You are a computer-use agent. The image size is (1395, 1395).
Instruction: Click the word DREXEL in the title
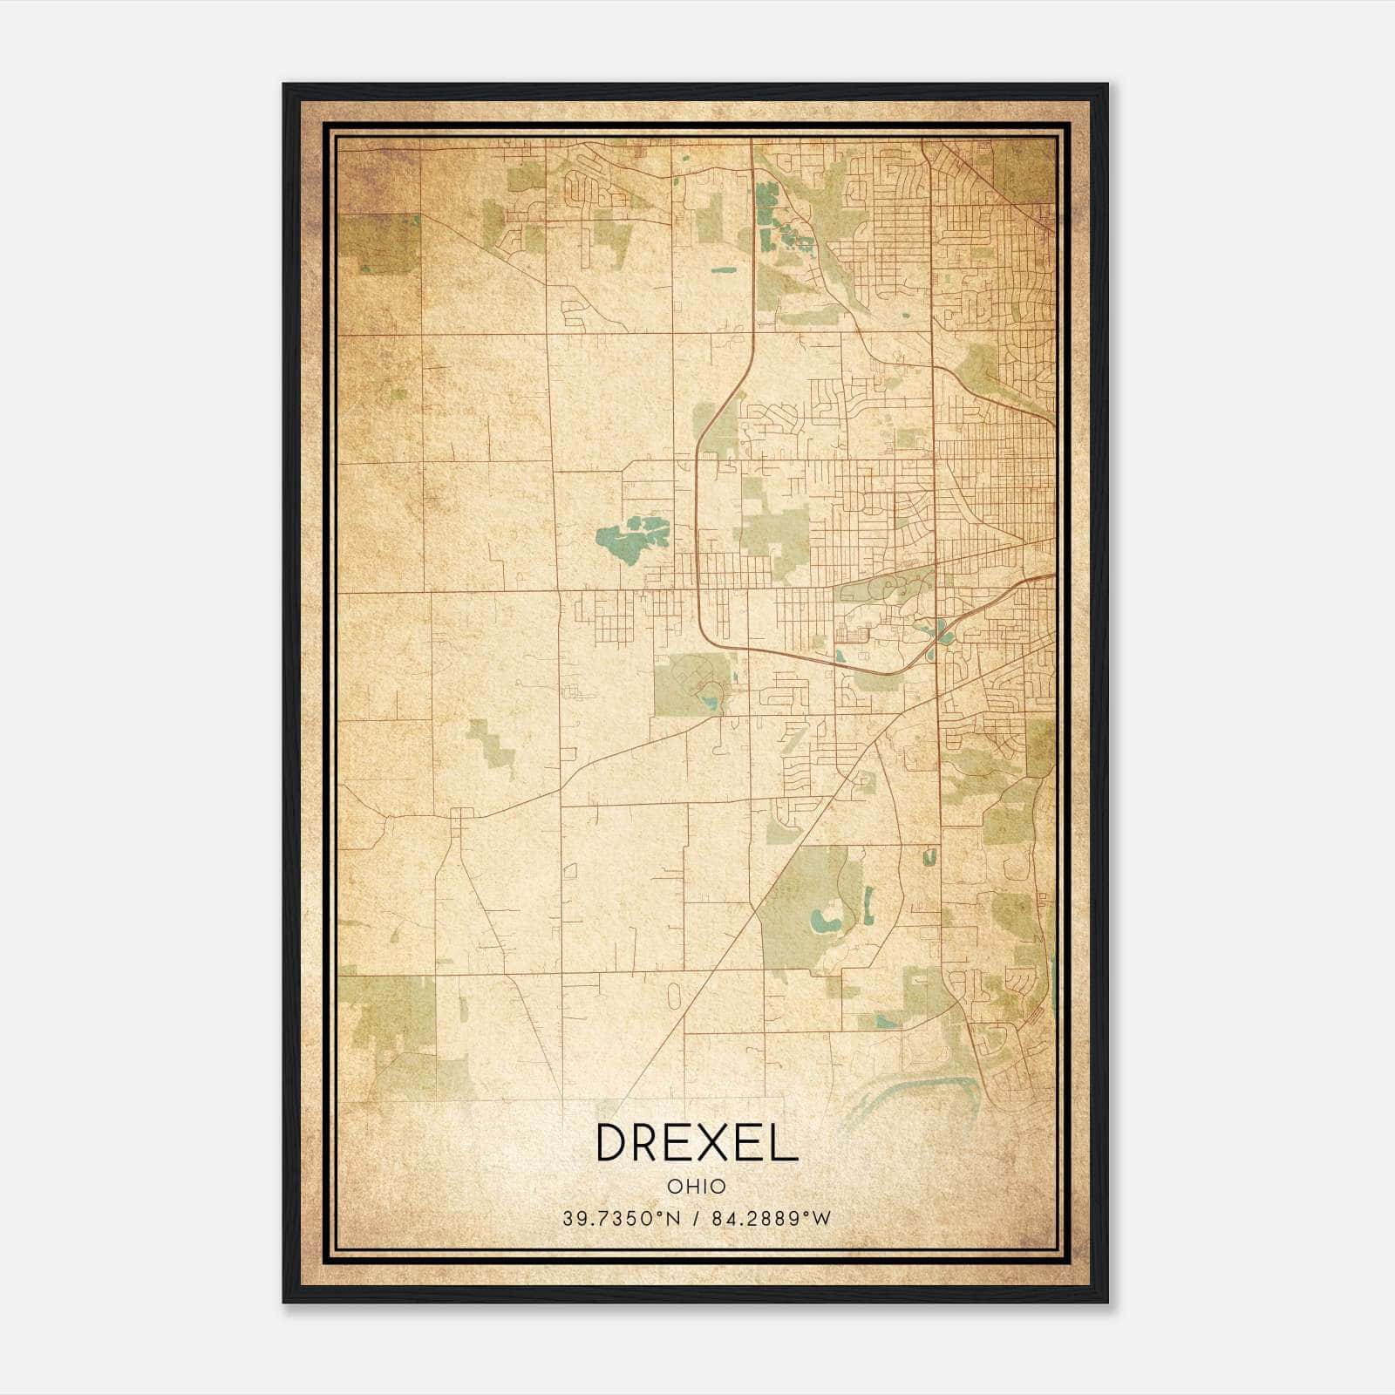(x=696, y=1142)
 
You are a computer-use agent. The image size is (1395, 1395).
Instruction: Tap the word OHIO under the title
(x=696, y=1186)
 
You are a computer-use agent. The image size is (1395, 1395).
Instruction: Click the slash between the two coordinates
(x=696, y=1219)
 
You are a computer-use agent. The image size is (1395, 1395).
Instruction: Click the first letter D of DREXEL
(x=611, y=1142)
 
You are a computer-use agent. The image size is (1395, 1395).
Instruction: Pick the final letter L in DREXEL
(x=785, y=1142)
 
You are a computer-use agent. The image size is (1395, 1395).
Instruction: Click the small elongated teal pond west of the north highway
(x=723, y=270)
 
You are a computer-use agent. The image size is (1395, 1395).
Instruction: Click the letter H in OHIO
(x=688, y=1186)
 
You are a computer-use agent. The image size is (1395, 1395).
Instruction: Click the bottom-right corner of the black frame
(x=1106, y=1302)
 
